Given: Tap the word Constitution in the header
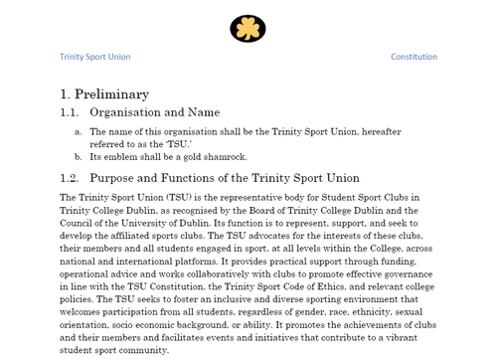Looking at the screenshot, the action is (414, 57).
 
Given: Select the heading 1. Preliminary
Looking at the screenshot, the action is (104, 94).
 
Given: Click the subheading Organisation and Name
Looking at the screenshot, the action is (154, 113).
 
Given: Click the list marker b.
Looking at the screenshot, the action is (80, 156).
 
